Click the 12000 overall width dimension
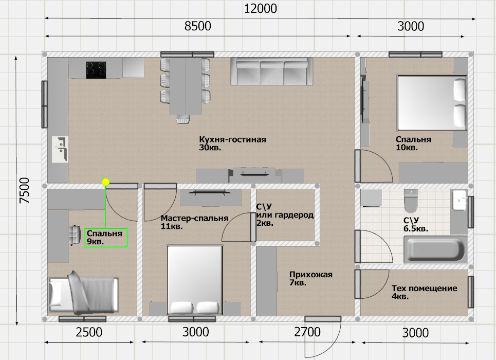tap(261, 9)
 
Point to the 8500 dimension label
tap(198, 26)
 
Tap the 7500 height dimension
tap(24, 190)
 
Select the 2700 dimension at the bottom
tap(307, 332)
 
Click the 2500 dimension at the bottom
tap(89, 332)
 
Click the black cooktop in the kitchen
tap(96, 70)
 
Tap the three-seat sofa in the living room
tap(272, 71)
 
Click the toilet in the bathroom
tap(411, 201)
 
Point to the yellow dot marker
tap(106, 182)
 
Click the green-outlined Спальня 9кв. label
tap(105, 238)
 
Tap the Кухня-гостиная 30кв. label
tap(232, 143)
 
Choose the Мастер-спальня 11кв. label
tap(194, 222)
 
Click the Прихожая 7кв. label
tap(310, 278)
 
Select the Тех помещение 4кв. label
tap(424, 292)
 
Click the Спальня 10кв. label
tap(413, 143)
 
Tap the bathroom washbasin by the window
tap(460, 200)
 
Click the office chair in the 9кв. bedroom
tap(75, 235)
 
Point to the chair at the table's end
tap(183, 119)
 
